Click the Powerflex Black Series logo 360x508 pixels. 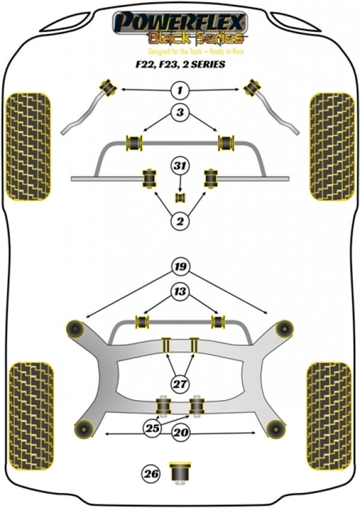coord(180,29)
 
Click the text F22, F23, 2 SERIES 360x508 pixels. coord(180,64)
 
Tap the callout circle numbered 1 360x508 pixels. coord(180,90)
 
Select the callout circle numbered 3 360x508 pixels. coord(180,112)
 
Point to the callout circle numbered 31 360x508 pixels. coord(180,166)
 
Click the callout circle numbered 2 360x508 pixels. coord(180,221)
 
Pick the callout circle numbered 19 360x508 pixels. coord(181,267)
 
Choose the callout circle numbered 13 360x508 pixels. coord(180,291)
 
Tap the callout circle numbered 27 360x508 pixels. coord(180,384)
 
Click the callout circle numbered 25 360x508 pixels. coord(152,428)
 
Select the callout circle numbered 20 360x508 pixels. coord(181,432)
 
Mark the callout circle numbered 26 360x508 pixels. coord(151,474)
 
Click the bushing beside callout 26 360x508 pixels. coord(180,473)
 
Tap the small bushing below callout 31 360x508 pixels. coord(180,197)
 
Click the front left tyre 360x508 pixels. coord(29,147)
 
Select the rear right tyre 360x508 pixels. coord(329,416)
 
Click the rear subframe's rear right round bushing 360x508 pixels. coord(277,429)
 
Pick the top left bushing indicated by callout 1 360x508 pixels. coord(108,87)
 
